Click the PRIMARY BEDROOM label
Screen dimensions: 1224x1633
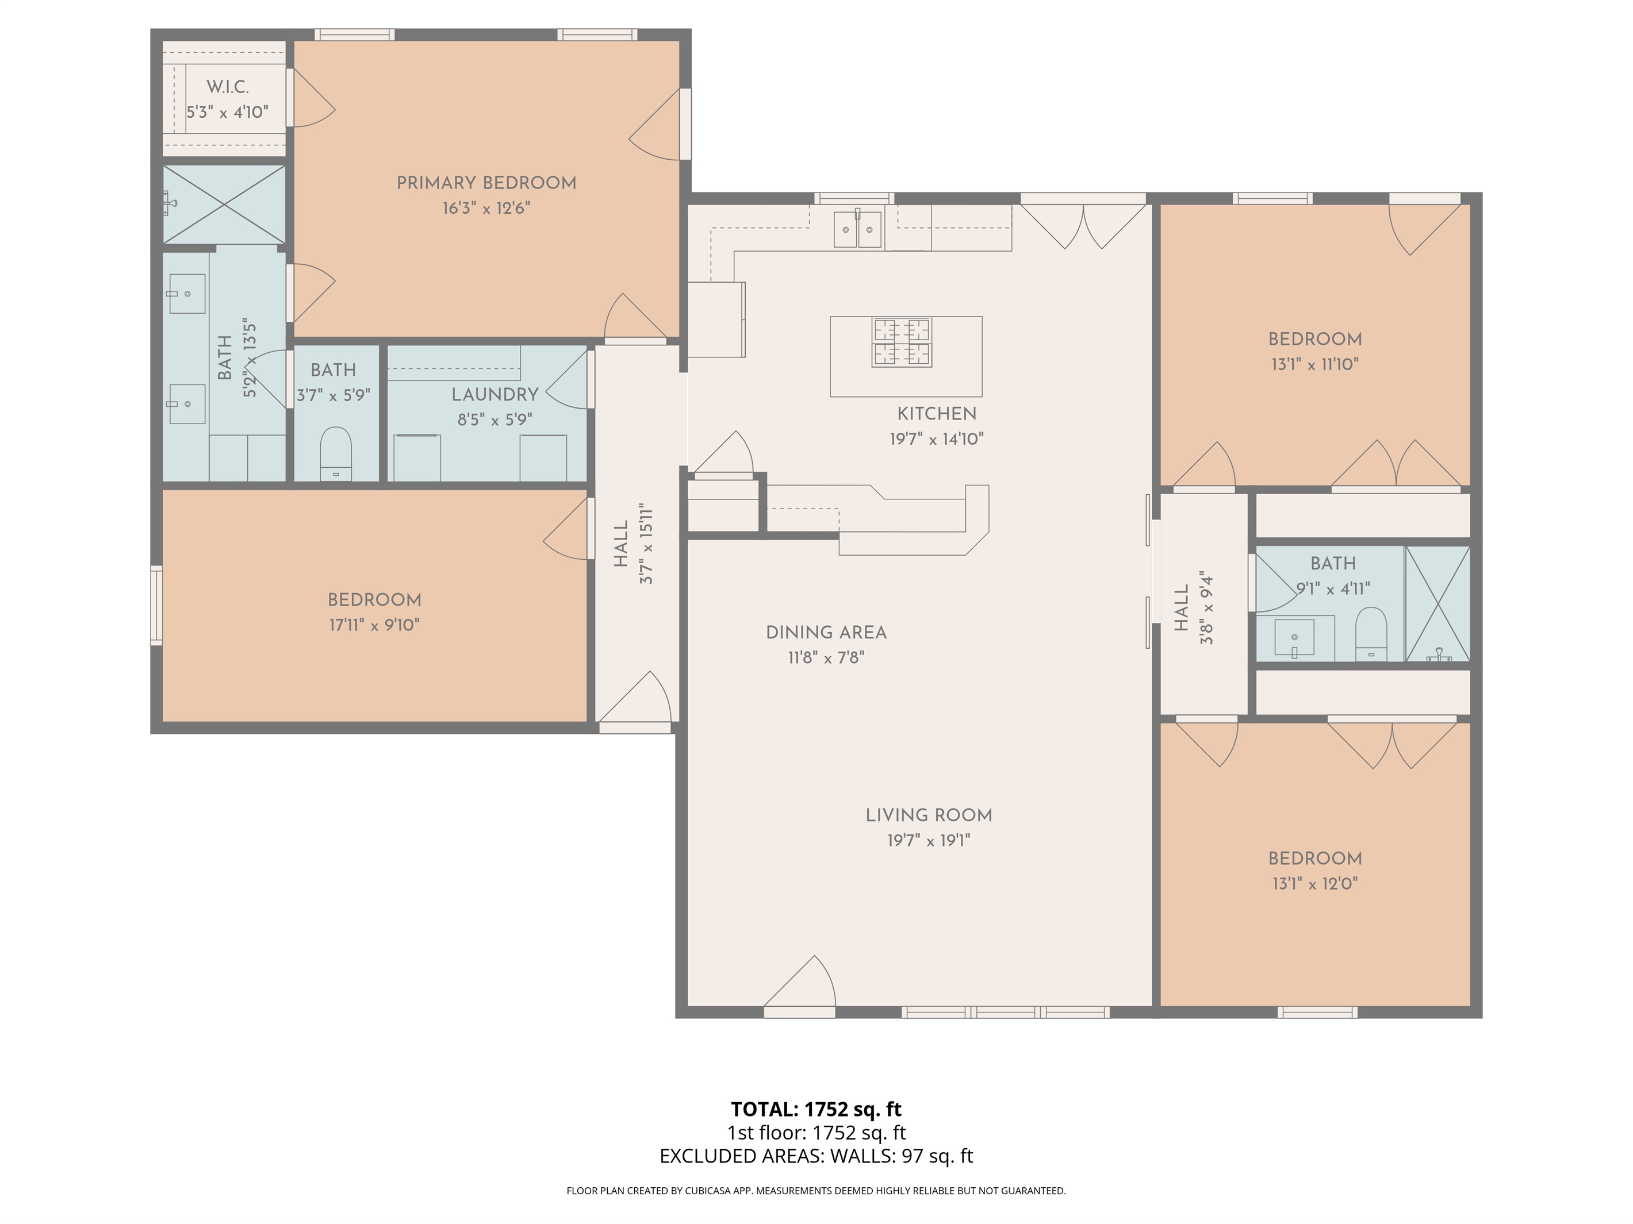click(x=486, y=183)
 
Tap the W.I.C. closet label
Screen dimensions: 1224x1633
click(x=227, y=87)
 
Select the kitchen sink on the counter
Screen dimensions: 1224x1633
click(x=858, y=229)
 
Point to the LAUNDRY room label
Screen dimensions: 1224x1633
click(x=494, y=395)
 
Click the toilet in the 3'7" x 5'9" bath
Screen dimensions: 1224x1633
click(x=336, y=454)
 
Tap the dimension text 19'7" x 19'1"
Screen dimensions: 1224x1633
click(x=928, y=840)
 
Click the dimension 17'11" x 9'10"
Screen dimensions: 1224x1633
click(x=374, y=625)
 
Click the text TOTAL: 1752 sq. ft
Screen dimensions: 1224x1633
click(x=816, y=1109)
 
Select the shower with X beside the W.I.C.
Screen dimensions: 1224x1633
click(x=224, y=205)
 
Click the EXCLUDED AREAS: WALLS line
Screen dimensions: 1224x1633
click(x=816, y=1156)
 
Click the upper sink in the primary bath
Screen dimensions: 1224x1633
click(x=187, y=294)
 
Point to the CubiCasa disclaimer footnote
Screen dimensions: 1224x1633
click(x=816, y=1190)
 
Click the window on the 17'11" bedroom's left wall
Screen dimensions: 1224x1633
click(x=156, y=605)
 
